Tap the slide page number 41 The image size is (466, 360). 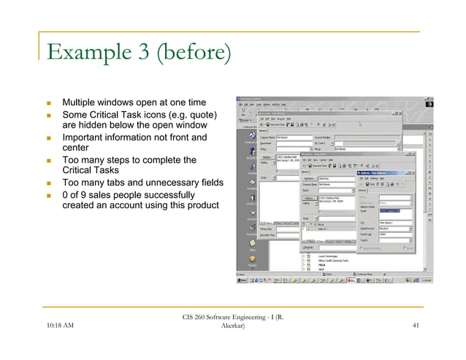416,326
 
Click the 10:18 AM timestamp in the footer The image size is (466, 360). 62,326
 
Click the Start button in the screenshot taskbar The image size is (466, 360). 242,280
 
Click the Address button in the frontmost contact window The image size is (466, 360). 310,198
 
